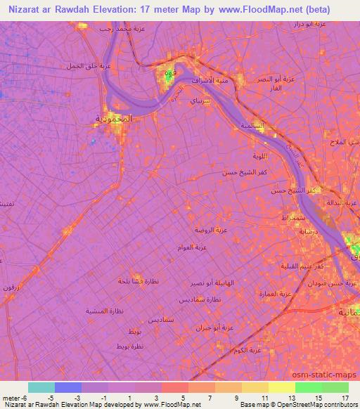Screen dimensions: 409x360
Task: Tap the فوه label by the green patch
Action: point(169,74)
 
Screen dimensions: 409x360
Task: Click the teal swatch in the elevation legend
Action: point(41,387)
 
